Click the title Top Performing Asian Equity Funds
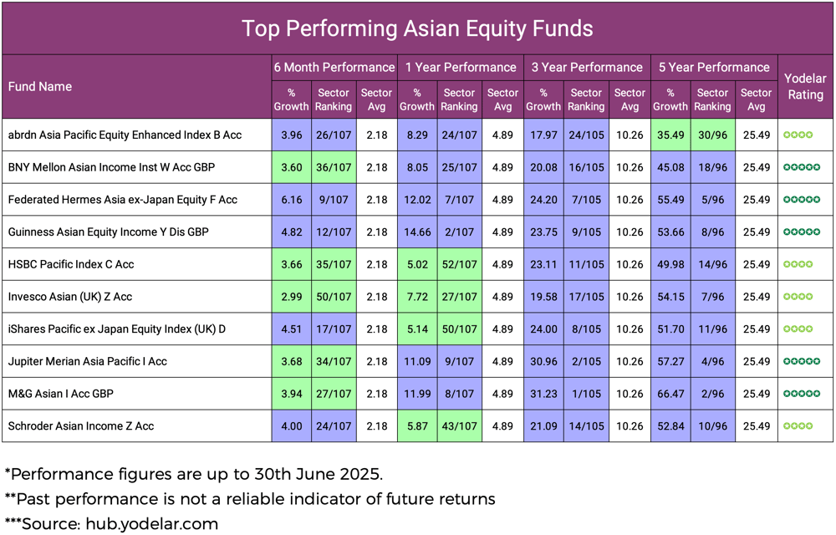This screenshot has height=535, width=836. (417, 28)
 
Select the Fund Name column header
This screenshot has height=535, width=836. (40, 87)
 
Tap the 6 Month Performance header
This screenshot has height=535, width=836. (334, 68)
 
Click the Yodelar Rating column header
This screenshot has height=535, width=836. (805, 86)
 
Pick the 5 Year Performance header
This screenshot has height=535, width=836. (713, 68)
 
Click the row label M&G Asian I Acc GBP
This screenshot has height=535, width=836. (61, 394)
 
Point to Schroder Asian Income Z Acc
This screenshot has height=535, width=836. (80, 426)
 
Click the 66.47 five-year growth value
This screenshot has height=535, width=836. (670, 394)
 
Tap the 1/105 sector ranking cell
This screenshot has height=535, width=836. (585, 394)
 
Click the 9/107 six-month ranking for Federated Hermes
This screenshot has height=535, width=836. (334, 200)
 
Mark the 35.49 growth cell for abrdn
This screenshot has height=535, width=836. (670, 135)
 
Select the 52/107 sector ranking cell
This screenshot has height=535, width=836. (460, 264)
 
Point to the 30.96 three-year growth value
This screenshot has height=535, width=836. (543, 362)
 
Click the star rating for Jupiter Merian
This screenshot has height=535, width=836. (802, 362)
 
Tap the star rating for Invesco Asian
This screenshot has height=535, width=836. (798, 297)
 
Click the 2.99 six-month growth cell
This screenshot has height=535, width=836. (291, 297)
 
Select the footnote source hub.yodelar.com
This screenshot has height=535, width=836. (147, 525)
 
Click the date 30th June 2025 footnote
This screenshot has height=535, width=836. (317, 474)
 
